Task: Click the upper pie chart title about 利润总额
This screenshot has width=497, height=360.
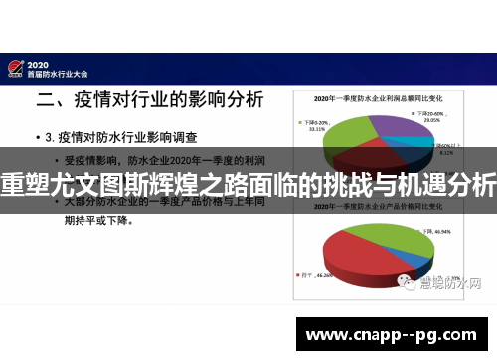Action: [x=378, y=99]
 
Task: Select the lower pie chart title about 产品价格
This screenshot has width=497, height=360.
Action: [x=378, y=213]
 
